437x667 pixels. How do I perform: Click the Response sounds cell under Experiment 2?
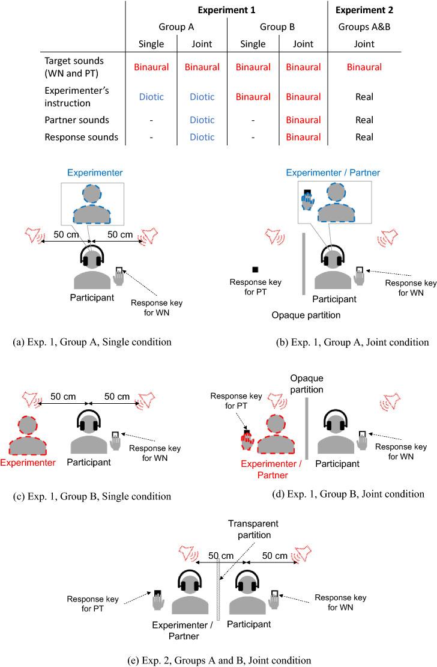point(364,137)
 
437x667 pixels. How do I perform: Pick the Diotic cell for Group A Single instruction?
point(151,96)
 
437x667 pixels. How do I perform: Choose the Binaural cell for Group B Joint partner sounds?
point(303,120)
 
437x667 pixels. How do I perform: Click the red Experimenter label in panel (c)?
point(29,463)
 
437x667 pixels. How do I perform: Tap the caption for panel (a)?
point(91,342)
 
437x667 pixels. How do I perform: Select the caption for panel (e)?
point(219,660)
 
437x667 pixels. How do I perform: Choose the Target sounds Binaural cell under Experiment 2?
point(364,67)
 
